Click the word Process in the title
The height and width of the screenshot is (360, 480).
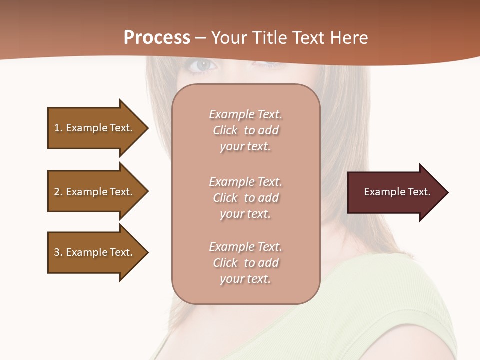click(x=157, y=38)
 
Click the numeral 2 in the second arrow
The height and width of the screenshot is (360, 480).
click(x=57, y=192)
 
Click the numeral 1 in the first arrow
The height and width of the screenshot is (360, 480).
click(x=57, y=128)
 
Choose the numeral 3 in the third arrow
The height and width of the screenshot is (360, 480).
click(x=57, y=252)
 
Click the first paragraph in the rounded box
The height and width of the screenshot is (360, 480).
click(x=246, y=130)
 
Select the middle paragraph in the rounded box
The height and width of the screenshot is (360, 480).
click(x=246, y=198)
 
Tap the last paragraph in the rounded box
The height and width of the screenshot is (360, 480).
click(x=246, y=263)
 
